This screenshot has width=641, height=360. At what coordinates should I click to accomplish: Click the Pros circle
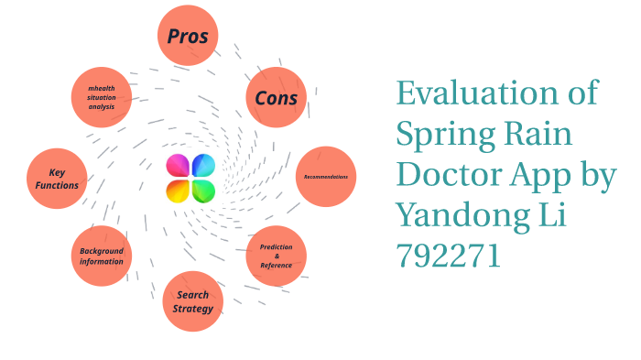pyautogui.click(x=188, y=37)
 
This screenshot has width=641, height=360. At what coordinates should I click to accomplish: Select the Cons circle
pyautogui.click(x=277, y=97)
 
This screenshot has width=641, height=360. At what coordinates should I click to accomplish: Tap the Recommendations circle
pyautogui.click(x=326, y=176)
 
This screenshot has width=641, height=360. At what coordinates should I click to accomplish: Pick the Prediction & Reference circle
pyautogui.click(x=277, y=256)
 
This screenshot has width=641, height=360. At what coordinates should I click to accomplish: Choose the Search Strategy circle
pyautogui.click(x=193, y=301)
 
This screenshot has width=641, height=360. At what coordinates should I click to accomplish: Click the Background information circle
pyautogui.click(x=101, y=256)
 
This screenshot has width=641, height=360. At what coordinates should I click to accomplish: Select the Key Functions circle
pyautogui.click(x=57, y=179)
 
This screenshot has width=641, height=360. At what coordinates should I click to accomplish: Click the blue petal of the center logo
pyautogui.click(x=203, y=166)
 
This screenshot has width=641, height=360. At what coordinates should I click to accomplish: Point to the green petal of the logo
pyautogui.click(x=203, y=190)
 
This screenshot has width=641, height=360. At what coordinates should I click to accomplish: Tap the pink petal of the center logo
pyautogui.click(x=178, y=166)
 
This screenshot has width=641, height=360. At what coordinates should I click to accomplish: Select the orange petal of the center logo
pyautogui.click(x=178, y=190)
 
